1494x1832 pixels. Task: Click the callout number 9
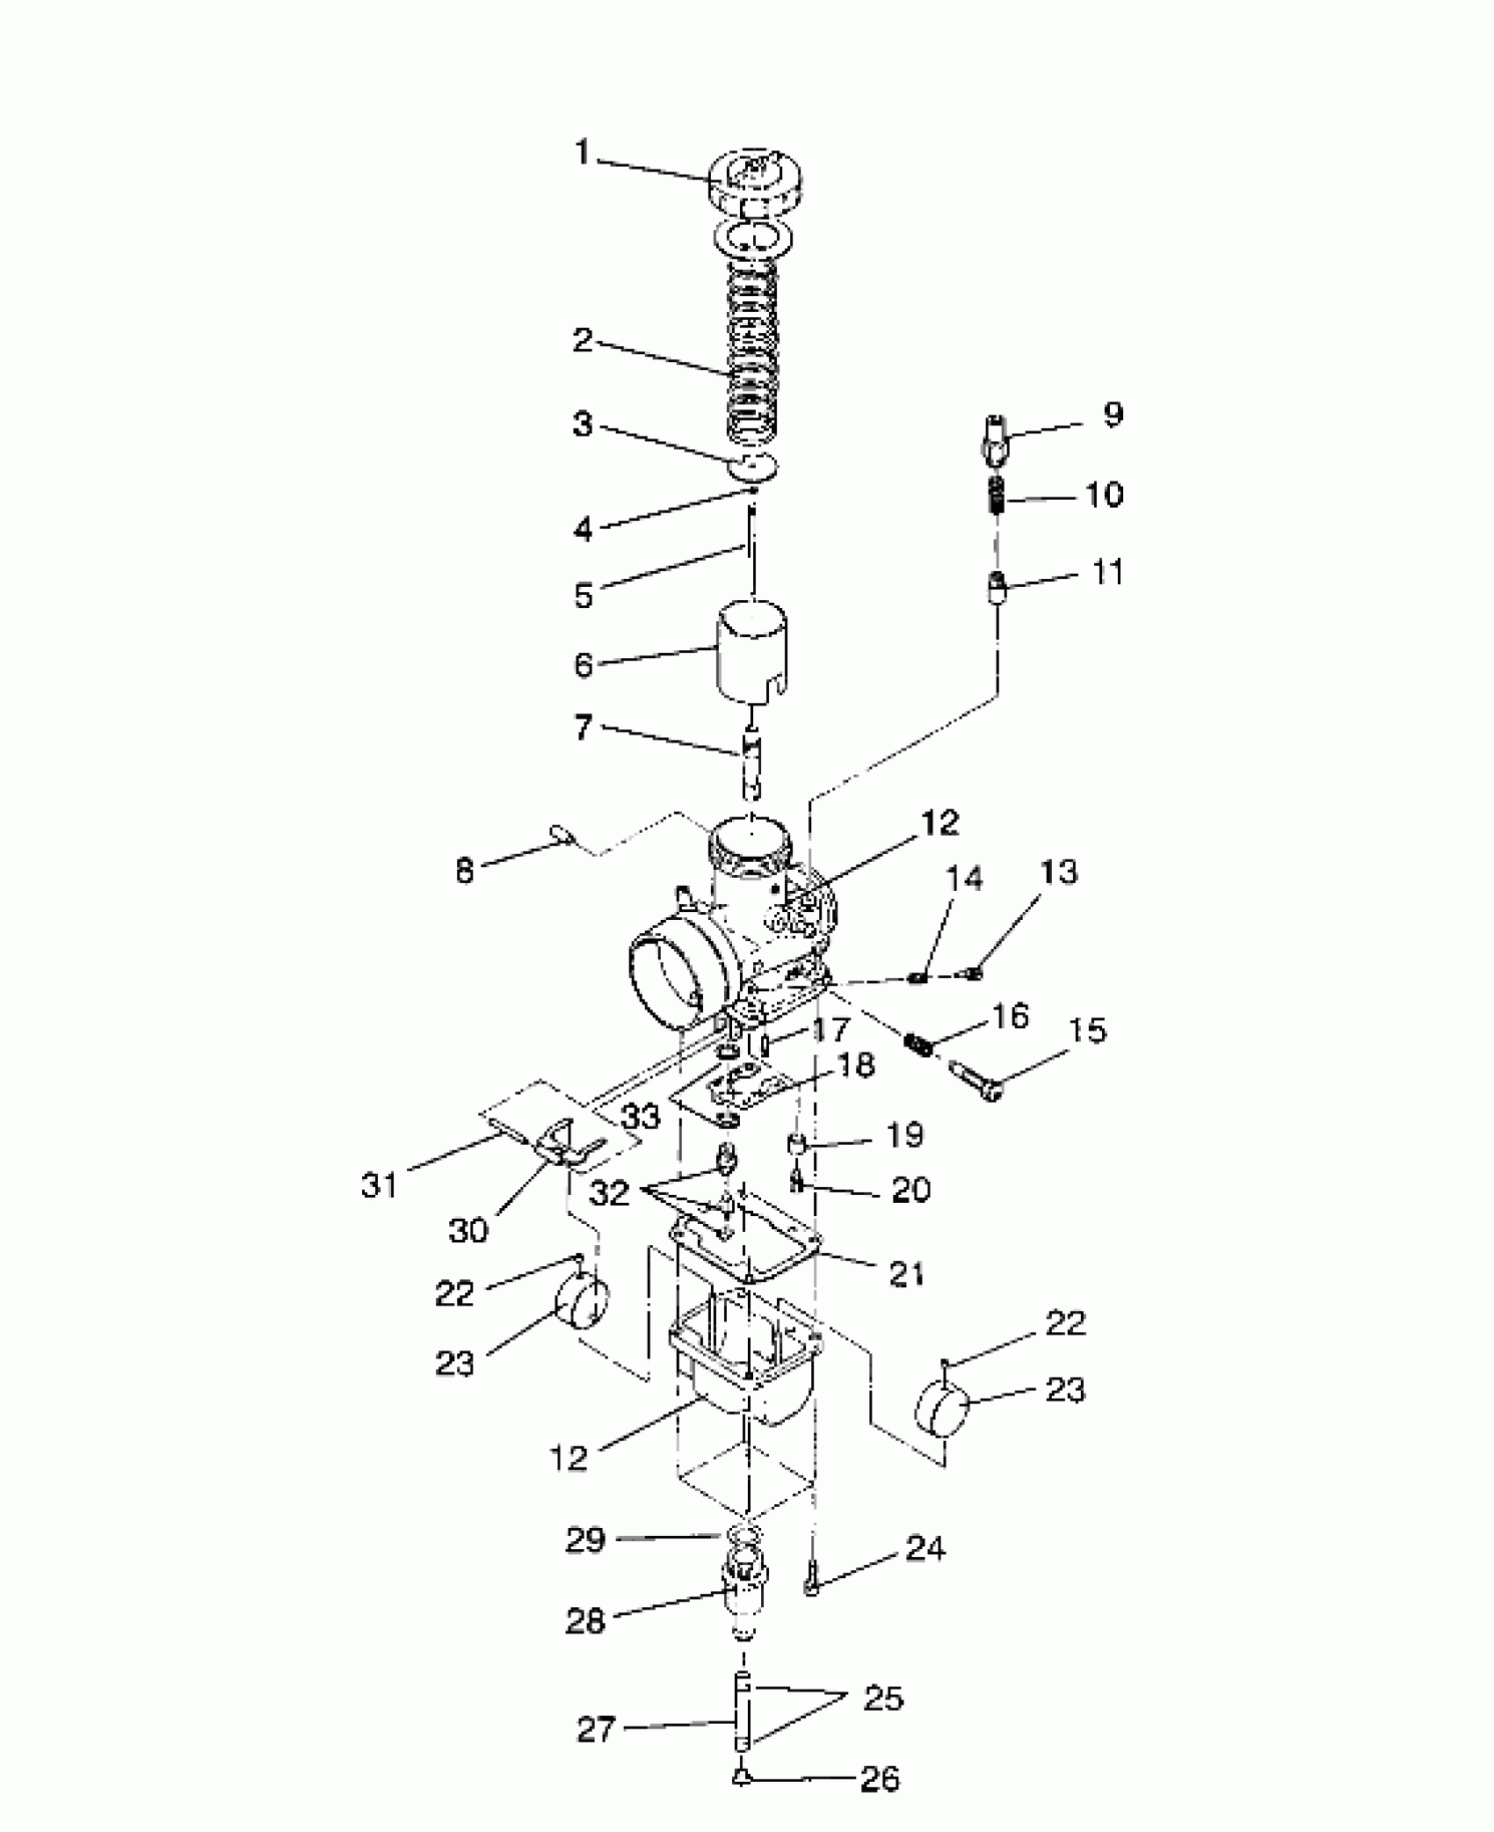(x=1113, y=415)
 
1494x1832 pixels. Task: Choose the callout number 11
(x=1107, y=573)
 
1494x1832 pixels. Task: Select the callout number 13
(x=1058, y=872)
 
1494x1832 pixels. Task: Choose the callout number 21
(x=906, y=1273)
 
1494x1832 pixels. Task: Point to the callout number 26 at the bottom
(x=880, y=1779)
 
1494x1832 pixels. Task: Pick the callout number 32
(x=610, y=1192)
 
